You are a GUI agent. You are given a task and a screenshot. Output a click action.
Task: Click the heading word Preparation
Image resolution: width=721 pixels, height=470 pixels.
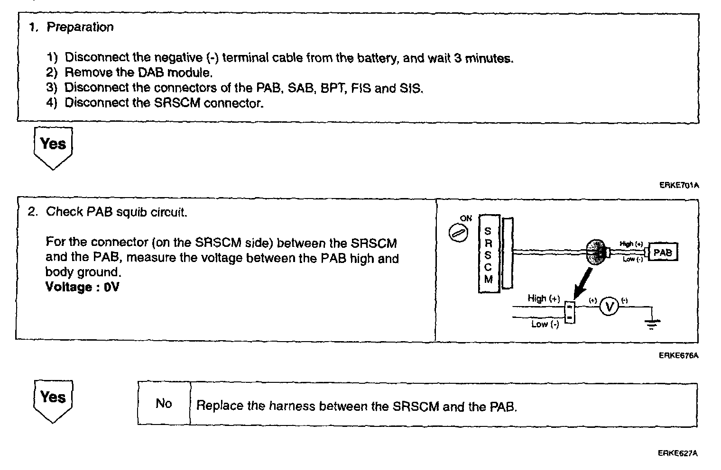pyautogui.click(x=80, y=27)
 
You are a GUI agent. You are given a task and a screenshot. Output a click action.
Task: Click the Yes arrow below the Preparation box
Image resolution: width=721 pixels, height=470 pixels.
pyautogui.click(x=53, y=146)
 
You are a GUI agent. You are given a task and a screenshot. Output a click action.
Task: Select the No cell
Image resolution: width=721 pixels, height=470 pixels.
pyautogui.click(x=164, y=404)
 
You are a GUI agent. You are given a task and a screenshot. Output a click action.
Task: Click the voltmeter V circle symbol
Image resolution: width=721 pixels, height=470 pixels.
pyautogui.click(x=609, y=307)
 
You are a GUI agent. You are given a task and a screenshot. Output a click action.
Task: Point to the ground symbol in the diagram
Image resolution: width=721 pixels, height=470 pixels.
pyautogui.click(x=652, y=324)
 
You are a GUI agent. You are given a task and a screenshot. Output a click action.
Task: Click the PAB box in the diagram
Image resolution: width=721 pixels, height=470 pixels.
pyautogui.click(x=663, y=252)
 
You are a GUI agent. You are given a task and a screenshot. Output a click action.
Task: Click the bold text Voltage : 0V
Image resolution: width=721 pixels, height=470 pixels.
pyautogui.click(x=82, y=287)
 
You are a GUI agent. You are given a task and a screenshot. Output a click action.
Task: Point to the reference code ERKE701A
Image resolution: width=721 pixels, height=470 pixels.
pyautogui.click(x=679, y=185)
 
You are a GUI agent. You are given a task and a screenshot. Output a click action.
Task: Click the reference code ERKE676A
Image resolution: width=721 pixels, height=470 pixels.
pyautogui.click(x=678, y=355)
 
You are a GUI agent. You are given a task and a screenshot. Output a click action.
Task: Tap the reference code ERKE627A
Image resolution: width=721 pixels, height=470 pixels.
pyautogui.click(x=678, y=453)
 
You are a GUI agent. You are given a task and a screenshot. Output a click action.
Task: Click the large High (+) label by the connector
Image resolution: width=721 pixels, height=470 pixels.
pyautogui.click(x=544, y=298)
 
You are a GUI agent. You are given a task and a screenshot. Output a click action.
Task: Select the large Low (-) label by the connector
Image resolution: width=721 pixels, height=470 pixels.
pyautogui.click(x=545, y=324)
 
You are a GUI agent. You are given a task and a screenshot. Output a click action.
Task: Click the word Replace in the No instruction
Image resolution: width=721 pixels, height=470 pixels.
pyautogui.click(x=220, y=407)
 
